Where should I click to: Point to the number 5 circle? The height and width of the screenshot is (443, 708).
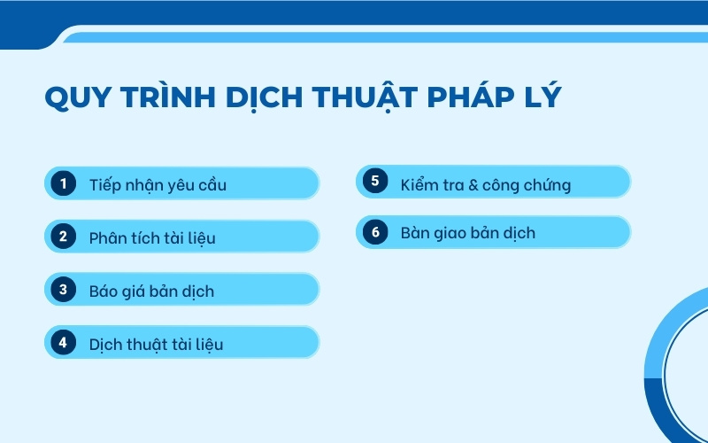pos(375,183)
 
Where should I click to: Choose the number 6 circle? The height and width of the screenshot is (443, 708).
pos(375,232)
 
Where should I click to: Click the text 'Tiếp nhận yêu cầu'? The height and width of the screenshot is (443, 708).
pos(158,185)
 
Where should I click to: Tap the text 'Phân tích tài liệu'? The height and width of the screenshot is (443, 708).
pos(152,238)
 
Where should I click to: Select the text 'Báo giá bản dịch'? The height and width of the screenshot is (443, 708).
pos(151,291)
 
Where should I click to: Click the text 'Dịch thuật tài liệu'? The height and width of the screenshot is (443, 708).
pos(156,345)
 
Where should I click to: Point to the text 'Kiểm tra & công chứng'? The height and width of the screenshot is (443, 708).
pos(485,185)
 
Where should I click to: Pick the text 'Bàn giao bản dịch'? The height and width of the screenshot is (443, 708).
pos(467,234)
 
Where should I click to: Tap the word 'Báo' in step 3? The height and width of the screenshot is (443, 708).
pos(104,291)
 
